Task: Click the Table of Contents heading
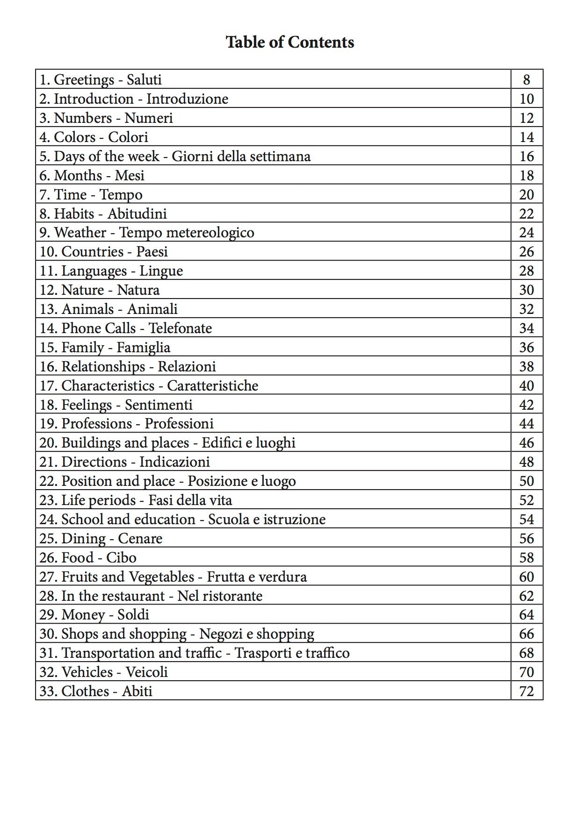click(290, 42)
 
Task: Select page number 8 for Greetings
click(526, 80)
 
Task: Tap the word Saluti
click(144, 80)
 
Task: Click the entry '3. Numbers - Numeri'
click(106, 118)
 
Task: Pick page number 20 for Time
click(526, 195)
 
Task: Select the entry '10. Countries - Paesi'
click(103, 252)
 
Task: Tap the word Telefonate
click(180, 328)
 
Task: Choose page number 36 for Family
click(526, 348)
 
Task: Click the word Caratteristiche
click(212, 386)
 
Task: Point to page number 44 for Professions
click(526, 424)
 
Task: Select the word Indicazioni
click(174, 462)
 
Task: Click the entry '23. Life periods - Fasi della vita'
click(136, 500)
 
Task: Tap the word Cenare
click(140, 539)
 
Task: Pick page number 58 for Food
click(526, 558)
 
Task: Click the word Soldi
click(133, 615)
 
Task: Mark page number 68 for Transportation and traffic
click(526, 653)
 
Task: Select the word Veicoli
click(147, 672)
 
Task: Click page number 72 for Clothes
click(526, 691)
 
